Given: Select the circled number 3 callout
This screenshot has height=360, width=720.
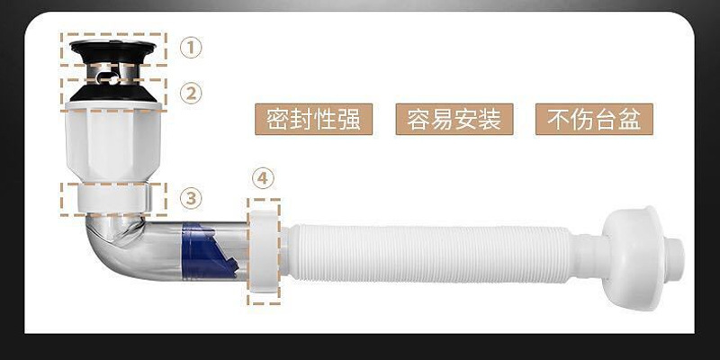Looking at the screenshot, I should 190,196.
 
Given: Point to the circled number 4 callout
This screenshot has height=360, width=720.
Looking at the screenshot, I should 262,179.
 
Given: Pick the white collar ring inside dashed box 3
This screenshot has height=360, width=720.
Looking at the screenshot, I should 113,198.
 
